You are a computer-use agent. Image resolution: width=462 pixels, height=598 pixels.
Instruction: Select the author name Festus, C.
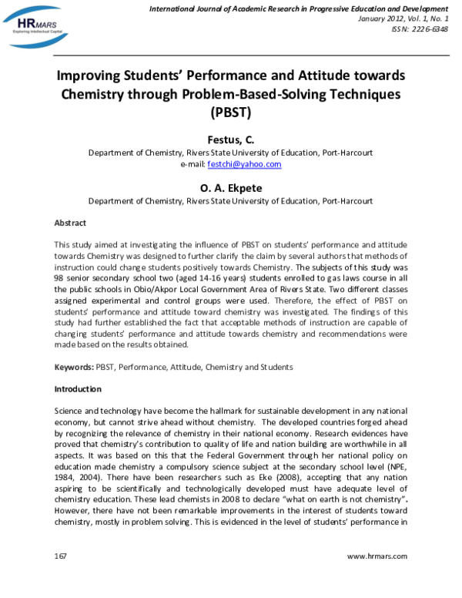coord(230,139)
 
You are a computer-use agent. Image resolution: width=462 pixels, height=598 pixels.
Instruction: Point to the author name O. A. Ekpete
coord(230,186)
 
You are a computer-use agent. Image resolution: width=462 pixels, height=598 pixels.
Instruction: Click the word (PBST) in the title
coord(230,112)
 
